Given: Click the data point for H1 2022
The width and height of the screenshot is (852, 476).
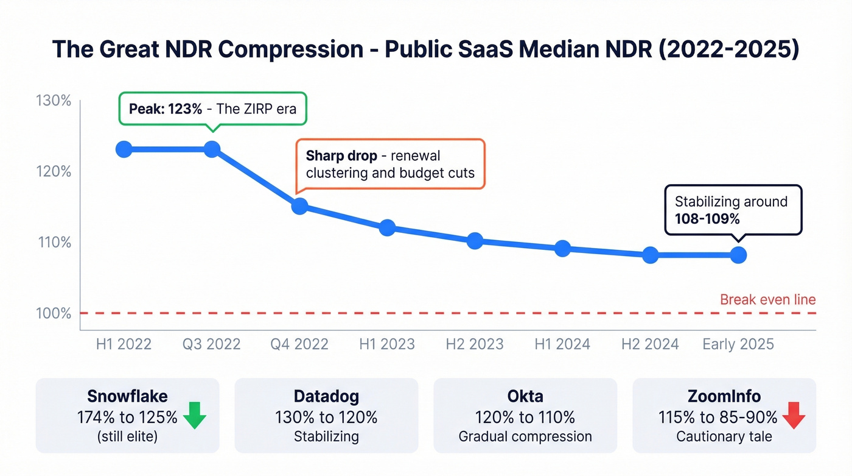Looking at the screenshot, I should tap(124, 149).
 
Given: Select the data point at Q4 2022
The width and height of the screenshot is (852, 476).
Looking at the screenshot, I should tap(299, 206).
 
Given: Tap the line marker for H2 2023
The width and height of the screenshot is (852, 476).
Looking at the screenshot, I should tap(475, 241).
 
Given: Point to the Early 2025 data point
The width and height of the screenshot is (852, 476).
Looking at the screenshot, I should tap(738, 255).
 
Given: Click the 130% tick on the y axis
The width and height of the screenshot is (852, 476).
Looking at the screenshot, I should tap(54, 101).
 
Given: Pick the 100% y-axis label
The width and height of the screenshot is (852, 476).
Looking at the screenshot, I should tap(54, 313).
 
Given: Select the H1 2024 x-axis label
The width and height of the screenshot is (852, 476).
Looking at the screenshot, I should tap(562, 344).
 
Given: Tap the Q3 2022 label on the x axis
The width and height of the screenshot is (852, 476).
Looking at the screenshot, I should tap(212, 344).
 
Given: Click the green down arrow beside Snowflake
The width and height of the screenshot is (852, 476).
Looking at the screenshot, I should tap(195, 416).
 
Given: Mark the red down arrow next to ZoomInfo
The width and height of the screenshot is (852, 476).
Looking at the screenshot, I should tap(794, 416).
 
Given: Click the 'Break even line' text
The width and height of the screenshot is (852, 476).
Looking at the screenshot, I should tap(767, 299).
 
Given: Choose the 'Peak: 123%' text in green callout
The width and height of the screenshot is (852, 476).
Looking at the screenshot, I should tap(165, 110).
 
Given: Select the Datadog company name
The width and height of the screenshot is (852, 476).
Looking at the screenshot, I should tap(326, 396).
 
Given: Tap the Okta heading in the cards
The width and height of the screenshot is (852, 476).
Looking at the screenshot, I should tap(525, 396).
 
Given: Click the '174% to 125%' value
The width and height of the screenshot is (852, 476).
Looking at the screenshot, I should tap(127, 417).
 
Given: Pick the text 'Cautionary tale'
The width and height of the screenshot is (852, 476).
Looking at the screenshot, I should tap(724, 437).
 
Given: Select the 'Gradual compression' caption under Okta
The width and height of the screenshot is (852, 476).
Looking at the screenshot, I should tap(525, 437).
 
